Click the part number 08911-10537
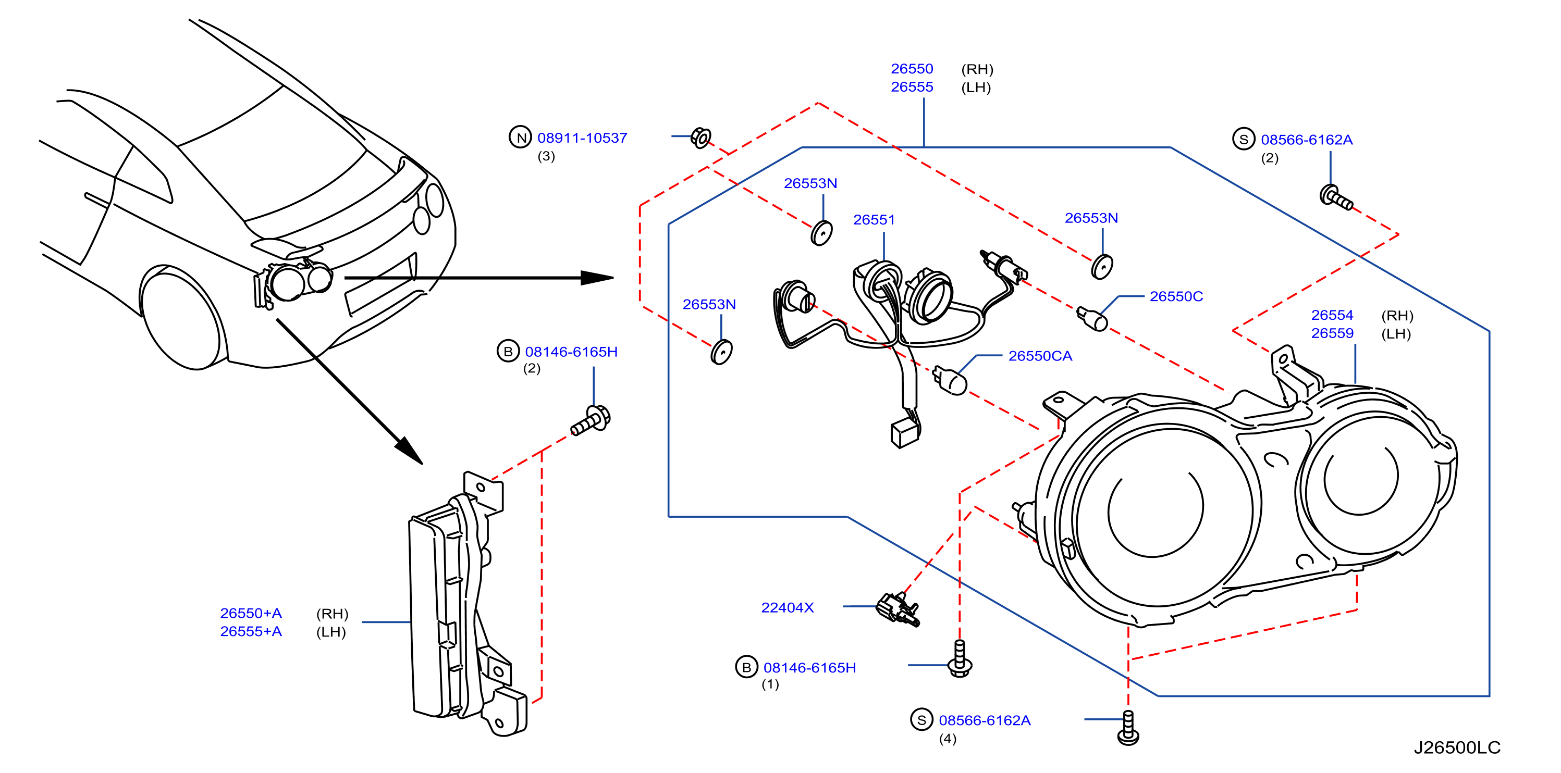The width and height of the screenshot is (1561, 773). pos(582,138)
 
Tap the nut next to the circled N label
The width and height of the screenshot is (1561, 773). pos(701,138)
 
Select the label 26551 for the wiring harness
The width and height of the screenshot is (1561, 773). pos(874,220)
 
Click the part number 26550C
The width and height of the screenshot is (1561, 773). pos(1176,296)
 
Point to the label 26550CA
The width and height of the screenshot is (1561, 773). pos(1040,356)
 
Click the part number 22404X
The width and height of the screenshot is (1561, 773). pos(787,607)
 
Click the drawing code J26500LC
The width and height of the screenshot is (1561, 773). pos(1457,747)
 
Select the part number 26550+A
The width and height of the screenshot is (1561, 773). pos(251,613)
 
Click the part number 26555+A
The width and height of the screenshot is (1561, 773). pos(251,631)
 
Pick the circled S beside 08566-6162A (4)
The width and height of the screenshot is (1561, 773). pos(921,720)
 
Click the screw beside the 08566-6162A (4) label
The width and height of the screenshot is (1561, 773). pos(1128,728)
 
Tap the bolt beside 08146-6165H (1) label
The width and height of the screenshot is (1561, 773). pos(959,658)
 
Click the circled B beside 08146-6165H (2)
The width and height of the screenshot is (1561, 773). pos(508,352)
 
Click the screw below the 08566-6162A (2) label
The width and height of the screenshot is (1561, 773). pos(1335,197)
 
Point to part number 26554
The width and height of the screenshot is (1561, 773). pos(1332,315)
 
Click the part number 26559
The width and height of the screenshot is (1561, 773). pos(1332,333)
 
